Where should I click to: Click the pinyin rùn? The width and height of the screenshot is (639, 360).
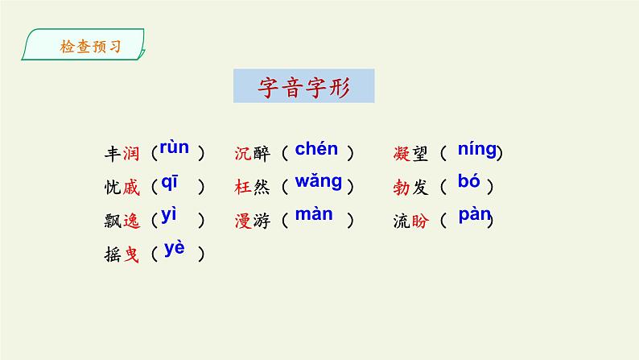pyautogui.click(x=174, y=147)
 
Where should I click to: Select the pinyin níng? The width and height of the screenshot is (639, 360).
pyautogui.click(x=477, y=149)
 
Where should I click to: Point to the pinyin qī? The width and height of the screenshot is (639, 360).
pyautogui.click(x=170, y=182)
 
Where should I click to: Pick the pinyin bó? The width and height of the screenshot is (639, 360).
pyautogui.click(x=468, y=182)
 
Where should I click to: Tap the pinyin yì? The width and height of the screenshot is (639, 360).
pyautogui.click(x=169, y=215)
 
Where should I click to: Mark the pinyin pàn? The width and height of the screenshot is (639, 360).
pyautogui.click(x=475, y=216)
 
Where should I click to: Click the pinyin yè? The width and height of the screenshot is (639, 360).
pyautogui.click(x=174, y=249)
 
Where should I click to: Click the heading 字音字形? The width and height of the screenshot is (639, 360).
pyautogui.click(x=303, y=86)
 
